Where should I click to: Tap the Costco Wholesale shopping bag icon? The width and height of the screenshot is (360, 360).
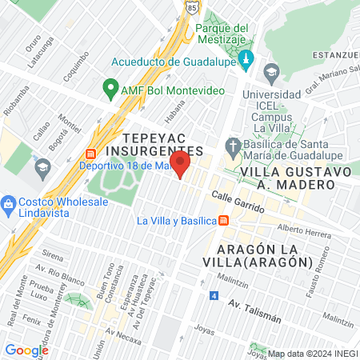pyautogui.click(x=9, y=202)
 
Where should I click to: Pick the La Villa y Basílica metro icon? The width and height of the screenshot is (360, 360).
pyautogui.click(x=225, y=220)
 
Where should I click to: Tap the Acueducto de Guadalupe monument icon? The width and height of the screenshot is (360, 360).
pyautogui.click(x=246, y=59)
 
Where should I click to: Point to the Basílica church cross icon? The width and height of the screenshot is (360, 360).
pyautogui.click(x=233, y=146)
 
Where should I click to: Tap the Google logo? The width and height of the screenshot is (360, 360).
pyautogui.click(x=26, y=350)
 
